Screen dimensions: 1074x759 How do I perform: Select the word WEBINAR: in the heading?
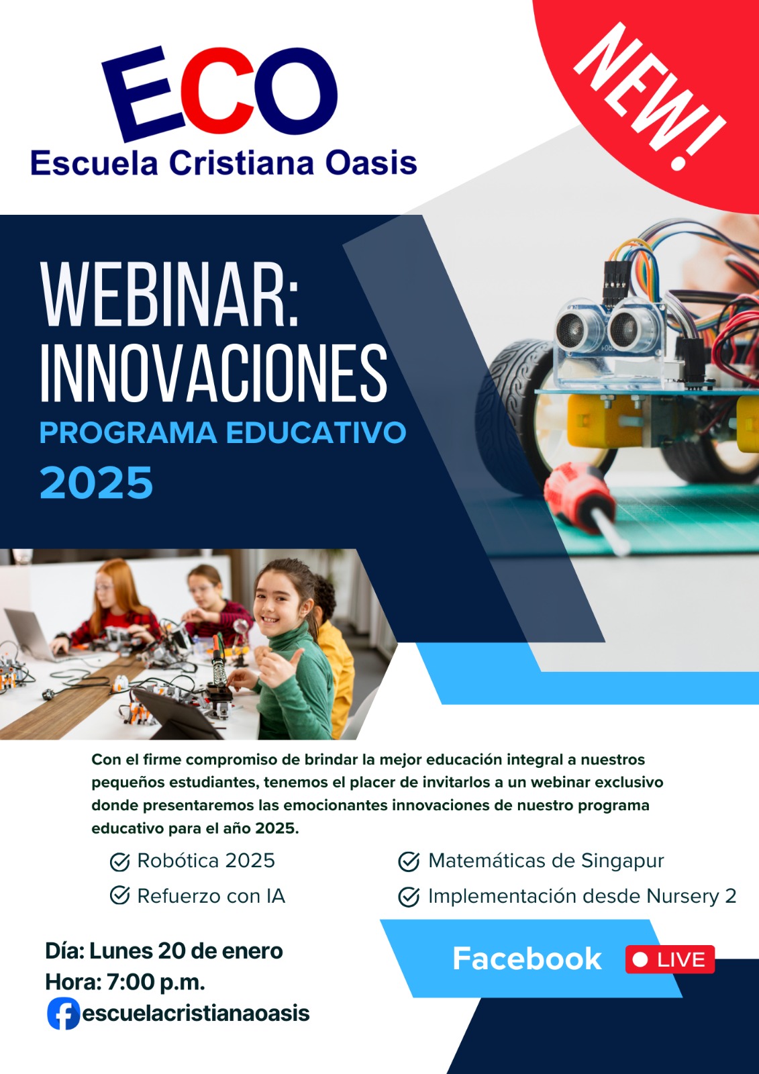(x=170, y=295)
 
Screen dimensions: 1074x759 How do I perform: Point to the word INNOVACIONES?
(x=213, y=373)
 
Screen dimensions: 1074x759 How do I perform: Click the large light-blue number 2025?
(x=97, y=483)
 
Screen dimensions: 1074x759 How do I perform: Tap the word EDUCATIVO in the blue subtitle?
(x=316, y=433)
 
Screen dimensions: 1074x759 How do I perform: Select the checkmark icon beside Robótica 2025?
(x=119, y=862)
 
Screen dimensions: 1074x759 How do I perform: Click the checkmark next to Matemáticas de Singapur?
(x=409, y=861)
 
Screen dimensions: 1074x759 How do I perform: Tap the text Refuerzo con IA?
(x=211, y=896)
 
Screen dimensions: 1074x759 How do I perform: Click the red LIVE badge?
(x=670, y=959)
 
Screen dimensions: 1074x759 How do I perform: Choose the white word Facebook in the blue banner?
(x=527, y=959)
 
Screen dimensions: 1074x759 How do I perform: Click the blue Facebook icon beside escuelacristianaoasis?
(x=63, y=1014)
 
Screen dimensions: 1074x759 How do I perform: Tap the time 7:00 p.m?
(x=156, y=982)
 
